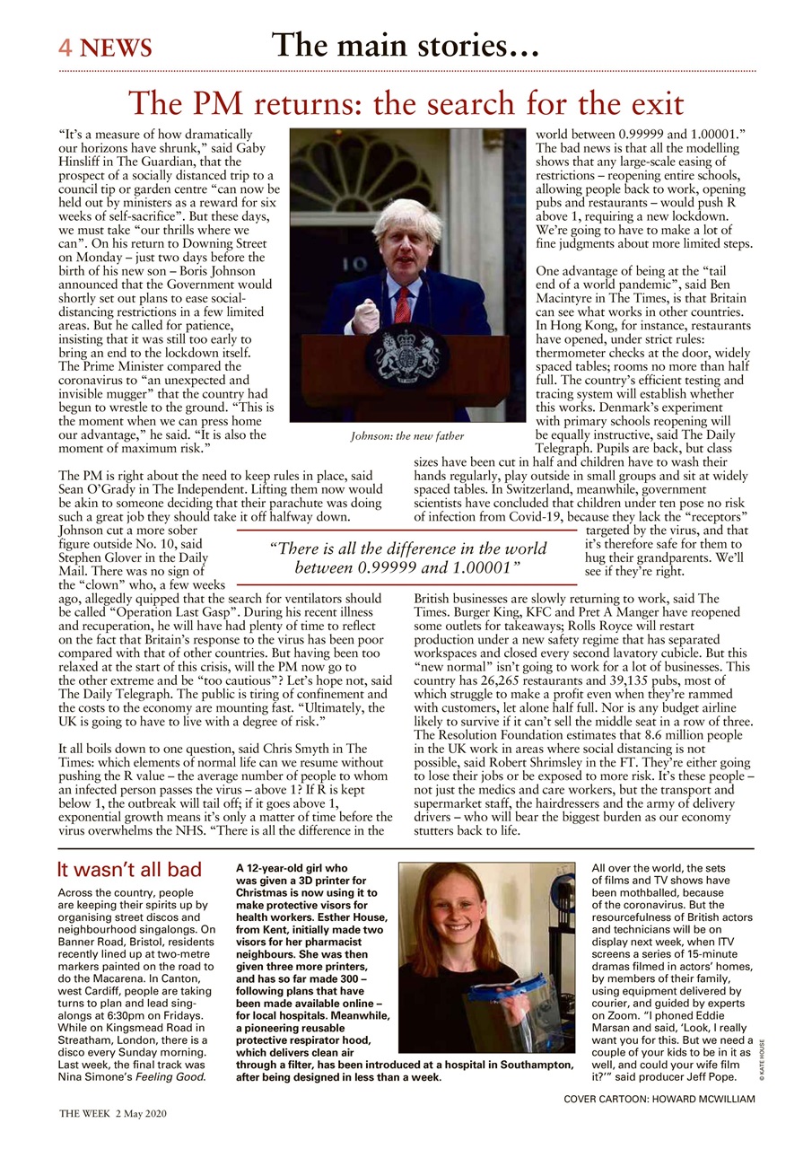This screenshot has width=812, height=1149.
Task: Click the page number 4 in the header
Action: [65, 48]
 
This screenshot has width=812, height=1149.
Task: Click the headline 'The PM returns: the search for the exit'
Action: [406, 103]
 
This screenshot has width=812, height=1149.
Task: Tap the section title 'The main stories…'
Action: [406, 45]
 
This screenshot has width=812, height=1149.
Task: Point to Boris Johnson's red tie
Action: [403, 304]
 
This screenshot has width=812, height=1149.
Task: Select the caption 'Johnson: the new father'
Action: [406, 436]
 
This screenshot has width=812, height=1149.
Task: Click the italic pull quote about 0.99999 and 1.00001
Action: [407, 558]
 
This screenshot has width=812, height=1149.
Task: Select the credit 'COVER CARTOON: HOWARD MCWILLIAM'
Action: [659, 1100]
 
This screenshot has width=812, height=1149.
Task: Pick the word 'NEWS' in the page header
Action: [116, 48]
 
